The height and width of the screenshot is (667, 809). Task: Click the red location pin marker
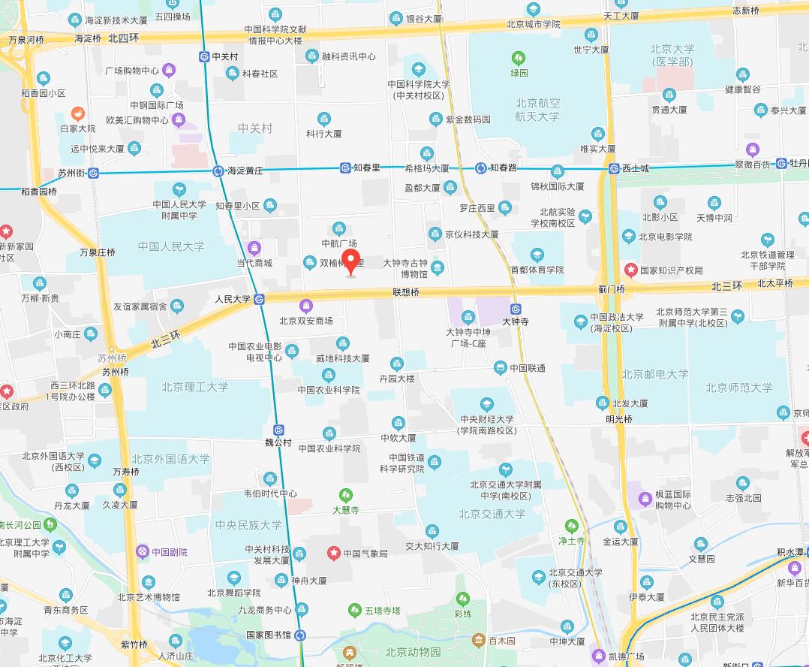(x=351, y=262)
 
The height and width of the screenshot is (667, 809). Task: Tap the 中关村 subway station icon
(x=203, y=56)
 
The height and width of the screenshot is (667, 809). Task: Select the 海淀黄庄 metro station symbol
(x=218, y=171)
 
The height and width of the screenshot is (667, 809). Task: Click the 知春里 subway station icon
(x=344, y=168)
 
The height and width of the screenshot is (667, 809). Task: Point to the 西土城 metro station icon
(x=613, y=168)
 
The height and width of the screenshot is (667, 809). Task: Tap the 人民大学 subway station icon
(x=259, y=299)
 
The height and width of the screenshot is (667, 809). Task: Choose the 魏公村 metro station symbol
(x=278, y=430)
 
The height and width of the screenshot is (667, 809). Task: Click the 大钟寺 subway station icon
(x=516, y=309)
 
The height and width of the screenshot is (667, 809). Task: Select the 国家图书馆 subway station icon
(x=300, y=635)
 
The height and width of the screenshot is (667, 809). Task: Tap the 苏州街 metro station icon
(x=93, y=173)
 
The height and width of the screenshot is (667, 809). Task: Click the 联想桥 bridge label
(x=405, y=291)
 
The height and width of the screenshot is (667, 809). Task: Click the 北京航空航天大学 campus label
(x=537, y=110)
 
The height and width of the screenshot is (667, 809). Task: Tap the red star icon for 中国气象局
(x=333, y=554)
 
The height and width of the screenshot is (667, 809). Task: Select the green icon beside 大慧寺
(x=345, y=496)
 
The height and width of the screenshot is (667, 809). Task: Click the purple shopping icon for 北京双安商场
(x=305, y=306)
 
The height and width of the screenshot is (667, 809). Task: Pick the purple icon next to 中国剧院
(x=142, y=552)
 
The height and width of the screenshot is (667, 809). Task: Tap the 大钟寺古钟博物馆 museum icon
(x=438, y=267)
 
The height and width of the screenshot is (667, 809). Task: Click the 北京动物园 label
(x=413, y=651)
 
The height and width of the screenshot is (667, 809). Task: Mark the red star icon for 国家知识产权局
(x=631, y=270)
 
